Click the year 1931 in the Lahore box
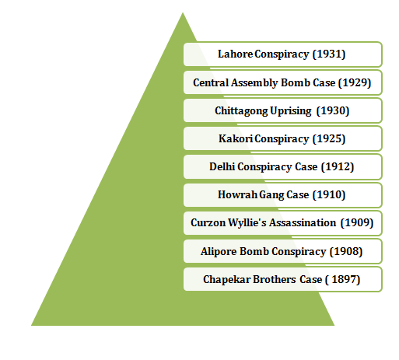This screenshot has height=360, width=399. click(329, 54)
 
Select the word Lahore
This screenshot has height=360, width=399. click(236, 54)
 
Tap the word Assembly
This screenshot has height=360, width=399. click(254, 82)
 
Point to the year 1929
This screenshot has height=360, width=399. click(355, 82)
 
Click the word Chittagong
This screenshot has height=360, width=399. click(241, 111)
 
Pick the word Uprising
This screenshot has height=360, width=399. click(290, 111)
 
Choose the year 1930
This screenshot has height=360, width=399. click(333, 110)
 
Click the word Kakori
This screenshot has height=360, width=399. click(236, 138)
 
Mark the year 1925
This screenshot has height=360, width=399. click(329, 138)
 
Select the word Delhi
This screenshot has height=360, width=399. click(222, 166)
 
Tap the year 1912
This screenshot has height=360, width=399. click(338, 166)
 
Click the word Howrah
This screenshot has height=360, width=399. click(238, 194)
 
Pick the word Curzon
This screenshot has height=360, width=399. click(208, 223)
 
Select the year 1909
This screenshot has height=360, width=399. click(357, 223)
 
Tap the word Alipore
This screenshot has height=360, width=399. click(219, 251)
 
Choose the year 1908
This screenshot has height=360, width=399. click(346, 251)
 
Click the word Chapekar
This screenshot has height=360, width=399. click(227, 280)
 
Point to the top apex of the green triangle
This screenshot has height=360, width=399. click(183, 12)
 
